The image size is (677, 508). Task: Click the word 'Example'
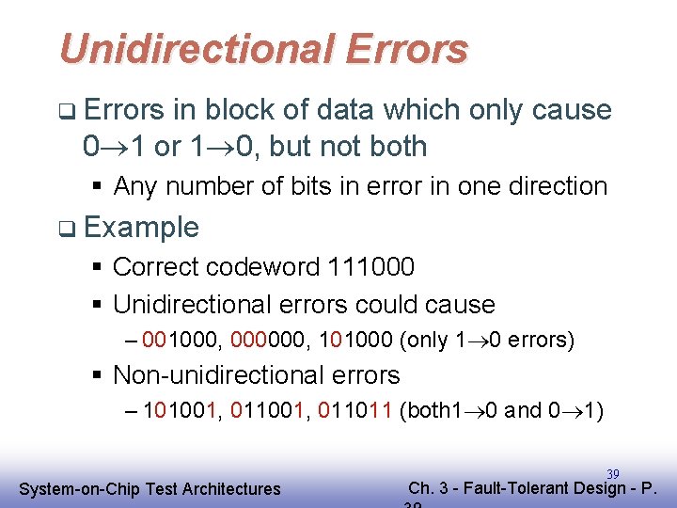coord(141,227)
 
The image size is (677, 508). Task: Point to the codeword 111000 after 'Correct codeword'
coord(370,267)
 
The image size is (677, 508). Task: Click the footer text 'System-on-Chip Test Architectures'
coord(150,488)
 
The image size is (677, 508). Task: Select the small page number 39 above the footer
coord(613,473)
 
